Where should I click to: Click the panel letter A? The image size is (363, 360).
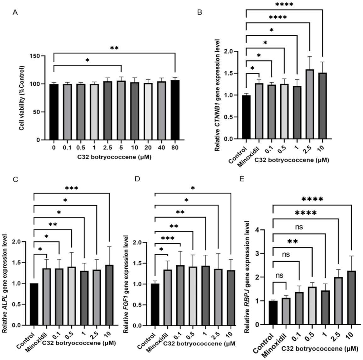click(x=15, y=13)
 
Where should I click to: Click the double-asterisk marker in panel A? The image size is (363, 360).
click(x=114, y=49)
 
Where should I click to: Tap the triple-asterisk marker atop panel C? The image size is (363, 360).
click(x=71, y=189)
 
